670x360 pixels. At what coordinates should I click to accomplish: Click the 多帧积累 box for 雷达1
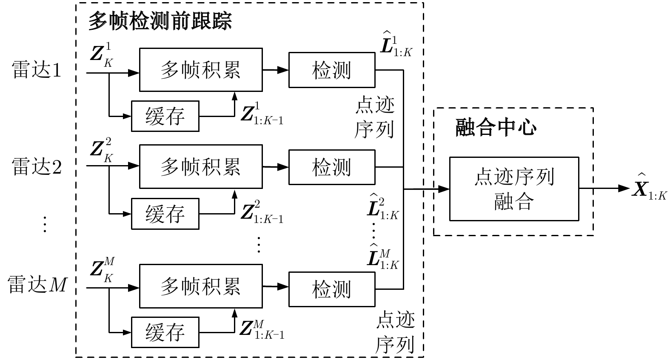coord(201,70)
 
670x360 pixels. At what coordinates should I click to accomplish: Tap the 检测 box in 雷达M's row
coord(332,289)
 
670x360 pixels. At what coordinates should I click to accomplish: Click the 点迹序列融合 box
coord(514,189)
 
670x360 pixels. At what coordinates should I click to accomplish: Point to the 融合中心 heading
coord(496,127)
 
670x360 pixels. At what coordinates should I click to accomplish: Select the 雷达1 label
coord(37,70)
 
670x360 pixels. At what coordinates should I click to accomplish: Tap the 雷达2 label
coord(37,166)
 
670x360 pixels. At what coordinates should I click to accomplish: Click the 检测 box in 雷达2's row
coord(332,167)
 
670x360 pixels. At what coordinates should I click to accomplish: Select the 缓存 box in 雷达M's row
coord(165,332)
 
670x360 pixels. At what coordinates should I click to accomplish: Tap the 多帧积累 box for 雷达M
coord(201,286)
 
